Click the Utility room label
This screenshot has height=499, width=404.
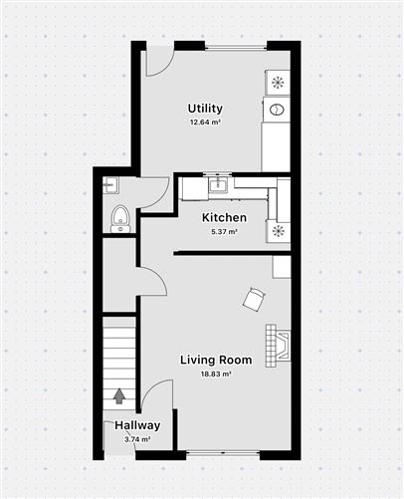pyautogui.click(x=205, y=109)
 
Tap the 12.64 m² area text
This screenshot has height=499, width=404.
pyautogui.click(x=205, y=123)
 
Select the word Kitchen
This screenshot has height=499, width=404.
pyautogui.click(x=224, y=218)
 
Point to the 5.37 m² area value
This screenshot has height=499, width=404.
pyautogui.click(x=224, y=231)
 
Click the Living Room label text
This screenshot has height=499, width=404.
pyautogui.click(x=216, y=360)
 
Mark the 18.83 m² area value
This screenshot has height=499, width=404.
pyautogui.click(x=216, y=374)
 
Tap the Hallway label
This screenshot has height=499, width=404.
pyautogui.click(x=137, y=425)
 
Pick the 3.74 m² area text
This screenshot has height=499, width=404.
pyautogui.click(x=137, y=438)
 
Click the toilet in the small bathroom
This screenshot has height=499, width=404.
pyautogui.click(x=119, y=217)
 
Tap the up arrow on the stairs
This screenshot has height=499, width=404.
pyautogui.click(x=119, y=395)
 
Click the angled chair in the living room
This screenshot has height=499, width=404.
pyautogui.click(x=256, y=297)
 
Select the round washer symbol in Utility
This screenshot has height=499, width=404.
pyautogui.click(x=278, y=109)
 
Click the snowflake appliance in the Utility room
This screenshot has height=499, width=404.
pyautogui.click(x=278, y=82)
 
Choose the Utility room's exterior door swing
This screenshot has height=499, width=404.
pyautogui.click(x=157, y=63)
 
